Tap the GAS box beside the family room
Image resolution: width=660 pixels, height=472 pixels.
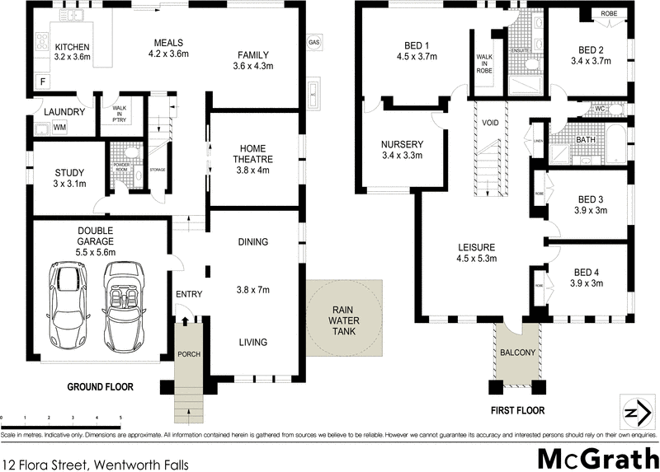(x=313, y=42)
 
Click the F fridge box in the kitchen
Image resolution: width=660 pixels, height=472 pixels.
(x=41, y=82)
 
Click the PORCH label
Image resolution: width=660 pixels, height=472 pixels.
(x=189, y=354)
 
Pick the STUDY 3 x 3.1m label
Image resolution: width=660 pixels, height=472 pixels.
(x=69, y=178)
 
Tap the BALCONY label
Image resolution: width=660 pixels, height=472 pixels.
(x=517, y=353)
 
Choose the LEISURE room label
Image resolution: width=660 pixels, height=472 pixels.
(x=476, y=252)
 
